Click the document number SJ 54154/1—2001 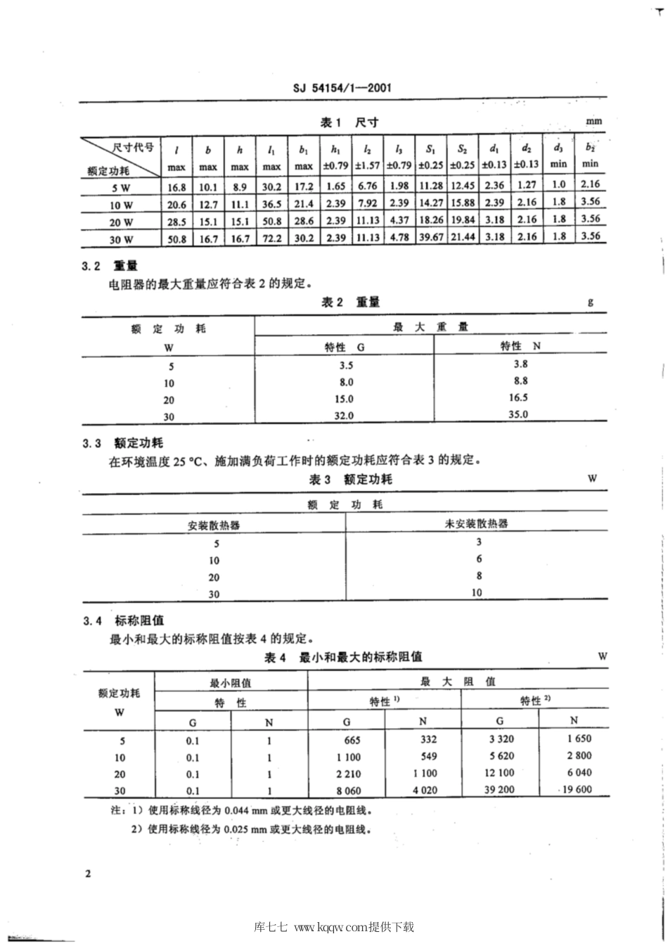[x=341, y=88]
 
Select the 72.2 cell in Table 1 [x=271, y=238]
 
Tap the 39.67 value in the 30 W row [x=430, y=238]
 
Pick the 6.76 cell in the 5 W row [x=367, y=186]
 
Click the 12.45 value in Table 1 [x=462, y=186]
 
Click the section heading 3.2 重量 [x=109, y=266]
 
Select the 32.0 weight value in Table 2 [x=343, y=416]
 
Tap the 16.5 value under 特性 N [x=518, y=398]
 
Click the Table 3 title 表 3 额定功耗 [x=350, y=479]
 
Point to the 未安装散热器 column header [x=476, y=524]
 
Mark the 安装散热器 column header [x=214, y=525]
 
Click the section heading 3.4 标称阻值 [x=123, y=620]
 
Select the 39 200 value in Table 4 [x=499, y=790]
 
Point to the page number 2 [x=87, y=874]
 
